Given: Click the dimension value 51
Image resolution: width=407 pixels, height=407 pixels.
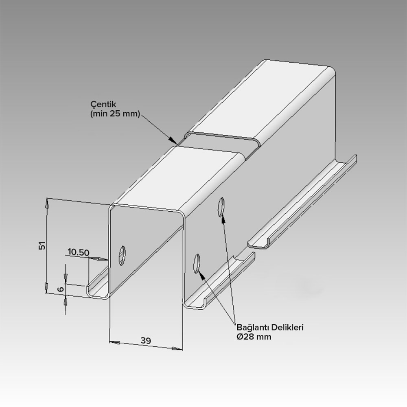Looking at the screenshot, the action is tap(42, 245).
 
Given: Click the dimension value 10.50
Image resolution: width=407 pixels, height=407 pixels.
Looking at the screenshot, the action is tap(79, 252).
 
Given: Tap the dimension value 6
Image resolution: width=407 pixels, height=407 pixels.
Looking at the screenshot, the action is tap(61, 289).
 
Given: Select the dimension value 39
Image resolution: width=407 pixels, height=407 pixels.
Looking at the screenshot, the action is tap(146, 341).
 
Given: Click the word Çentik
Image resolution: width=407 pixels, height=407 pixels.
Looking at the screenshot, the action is tap(103, 104).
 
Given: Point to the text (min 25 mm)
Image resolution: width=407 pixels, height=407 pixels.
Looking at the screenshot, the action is tap(115, 114).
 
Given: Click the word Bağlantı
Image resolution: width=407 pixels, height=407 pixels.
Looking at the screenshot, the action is tap(253, 328).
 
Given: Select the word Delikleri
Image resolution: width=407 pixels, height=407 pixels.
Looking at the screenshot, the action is tap(287, 327).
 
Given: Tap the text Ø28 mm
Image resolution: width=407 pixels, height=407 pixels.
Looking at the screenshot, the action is tap(254, 337).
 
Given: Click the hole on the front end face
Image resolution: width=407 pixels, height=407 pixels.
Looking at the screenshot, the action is tap(122, 256).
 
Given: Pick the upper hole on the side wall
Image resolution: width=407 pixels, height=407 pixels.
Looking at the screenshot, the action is tap(221, 207).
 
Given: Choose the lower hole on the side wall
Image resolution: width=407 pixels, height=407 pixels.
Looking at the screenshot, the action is tap(197, 263).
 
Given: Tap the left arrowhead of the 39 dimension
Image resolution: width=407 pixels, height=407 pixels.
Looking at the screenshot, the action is tap(114, 343).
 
